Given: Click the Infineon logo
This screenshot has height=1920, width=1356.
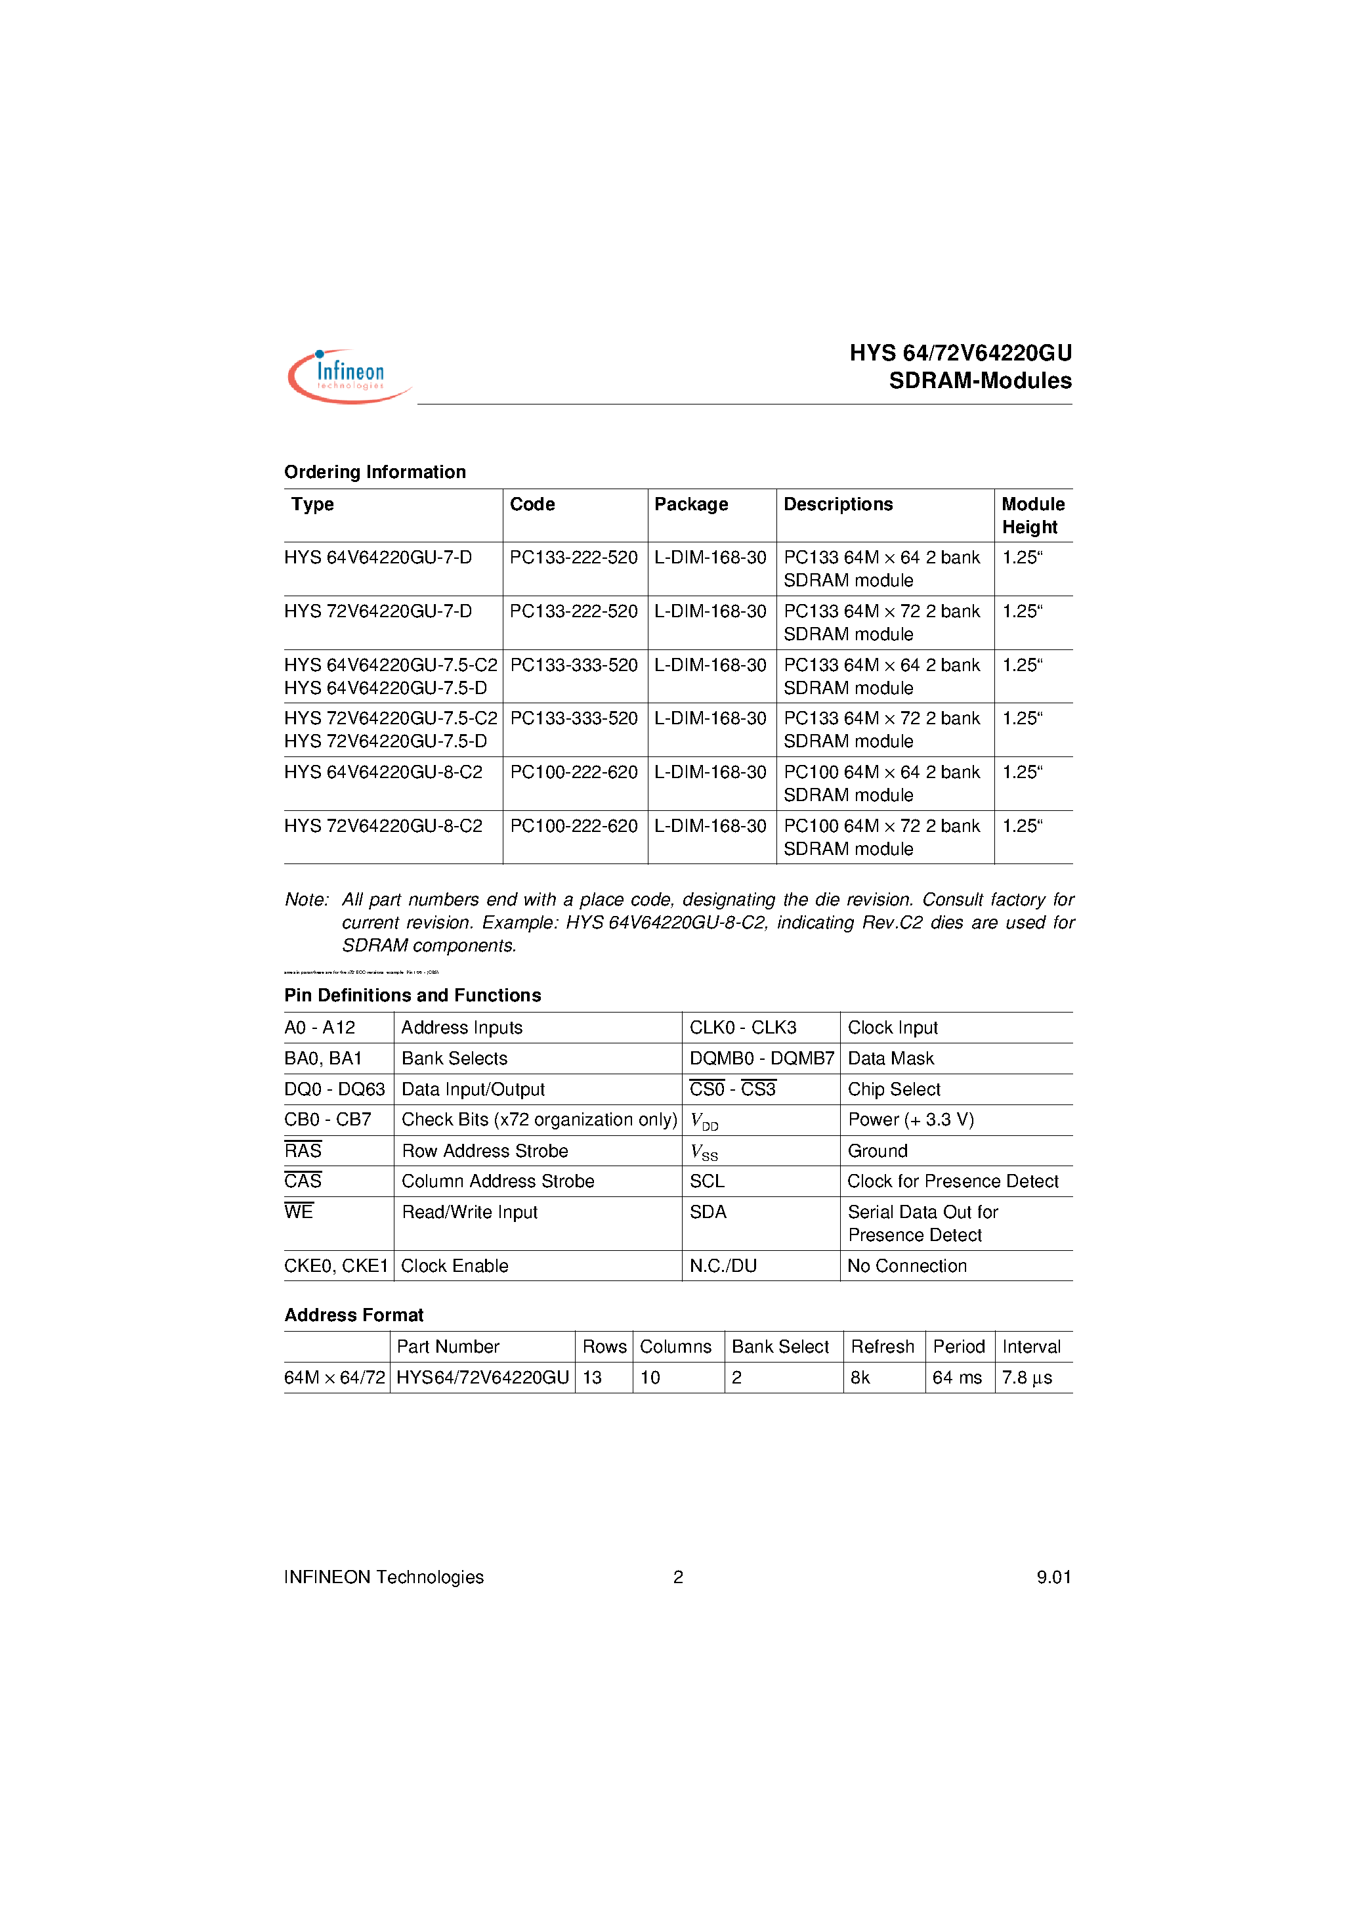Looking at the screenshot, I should tap(349, 376).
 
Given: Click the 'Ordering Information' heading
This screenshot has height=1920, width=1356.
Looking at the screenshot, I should tap(375, 471).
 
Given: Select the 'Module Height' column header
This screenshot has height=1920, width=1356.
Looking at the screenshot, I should tap(1032, 515).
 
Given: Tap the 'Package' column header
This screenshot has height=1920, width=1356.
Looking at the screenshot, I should tap(690, 504).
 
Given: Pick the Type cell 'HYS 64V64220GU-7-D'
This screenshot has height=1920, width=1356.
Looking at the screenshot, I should tap(378, 557).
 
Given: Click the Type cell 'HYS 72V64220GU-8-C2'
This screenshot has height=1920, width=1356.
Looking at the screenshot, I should tap(383, 825).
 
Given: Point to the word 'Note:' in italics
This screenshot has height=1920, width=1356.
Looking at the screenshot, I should tap(307, 899).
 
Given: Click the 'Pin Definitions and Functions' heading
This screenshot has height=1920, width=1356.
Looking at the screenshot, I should tap(412, 995).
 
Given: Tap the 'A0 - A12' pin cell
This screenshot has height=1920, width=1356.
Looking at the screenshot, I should tap(320, 1028).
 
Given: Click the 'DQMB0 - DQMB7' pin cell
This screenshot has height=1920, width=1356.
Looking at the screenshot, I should tap(761, 1058).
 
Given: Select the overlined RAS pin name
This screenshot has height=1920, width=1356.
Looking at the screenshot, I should tap(303, 1150).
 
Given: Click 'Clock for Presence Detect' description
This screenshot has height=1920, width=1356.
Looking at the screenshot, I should tap(952, 1181).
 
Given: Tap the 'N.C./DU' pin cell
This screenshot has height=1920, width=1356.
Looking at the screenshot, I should tap(723, 1265).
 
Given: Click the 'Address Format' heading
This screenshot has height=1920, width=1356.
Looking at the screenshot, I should tap(354, 1315).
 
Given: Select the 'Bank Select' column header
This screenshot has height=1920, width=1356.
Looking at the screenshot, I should tap(779, 1346).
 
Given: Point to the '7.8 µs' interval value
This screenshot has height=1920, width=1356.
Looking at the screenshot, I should tap(1027, 1377).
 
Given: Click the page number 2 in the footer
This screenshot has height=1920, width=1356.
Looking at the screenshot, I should tap(678, 1577).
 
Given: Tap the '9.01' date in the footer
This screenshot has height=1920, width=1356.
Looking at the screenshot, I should tap(1053, 1577).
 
